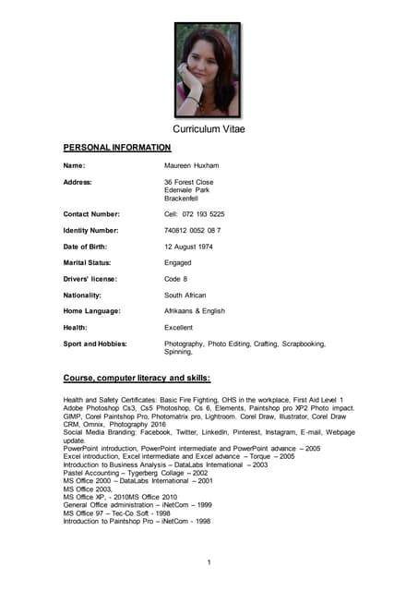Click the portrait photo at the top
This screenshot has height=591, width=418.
[x=208, y=69]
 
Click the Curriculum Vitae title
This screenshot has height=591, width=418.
[x=209, y=128]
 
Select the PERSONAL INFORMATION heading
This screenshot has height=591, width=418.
[x=116, y=148]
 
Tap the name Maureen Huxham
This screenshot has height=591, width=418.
[x=191, y=165]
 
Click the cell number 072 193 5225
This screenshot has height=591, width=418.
[x=194, y=214]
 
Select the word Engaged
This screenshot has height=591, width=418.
[x=178, y=262]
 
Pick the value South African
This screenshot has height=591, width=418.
[x=185, y=295]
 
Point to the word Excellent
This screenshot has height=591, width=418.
[x=179, y=328]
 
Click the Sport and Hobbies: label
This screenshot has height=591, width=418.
[x=94, y=344]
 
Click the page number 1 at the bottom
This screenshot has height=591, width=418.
[x=209, y=563]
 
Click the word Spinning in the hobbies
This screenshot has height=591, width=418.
[x=178, y=352]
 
